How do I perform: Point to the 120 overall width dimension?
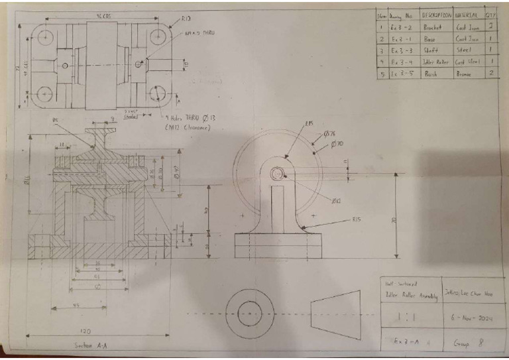[85, 330]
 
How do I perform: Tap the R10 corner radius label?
[186, 19]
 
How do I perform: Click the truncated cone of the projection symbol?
[335, 311]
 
